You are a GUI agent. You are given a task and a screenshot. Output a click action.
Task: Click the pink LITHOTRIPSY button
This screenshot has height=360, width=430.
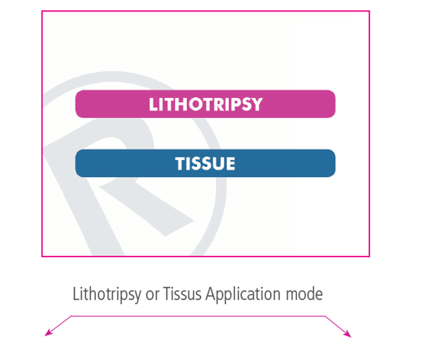coord(205,104)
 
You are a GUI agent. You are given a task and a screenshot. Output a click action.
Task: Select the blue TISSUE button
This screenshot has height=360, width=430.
coord(205,163)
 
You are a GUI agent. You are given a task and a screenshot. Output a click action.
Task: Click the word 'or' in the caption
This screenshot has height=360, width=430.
coord(153,295)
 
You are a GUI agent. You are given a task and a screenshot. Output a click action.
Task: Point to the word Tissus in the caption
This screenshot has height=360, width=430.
coord(182,294)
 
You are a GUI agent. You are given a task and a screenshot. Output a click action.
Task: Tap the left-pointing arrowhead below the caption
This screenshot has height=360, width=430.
coord(48,333)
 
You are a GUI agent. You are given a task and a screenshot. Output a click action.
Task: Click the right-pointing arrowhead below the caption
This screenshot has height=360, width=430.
coord(348,334)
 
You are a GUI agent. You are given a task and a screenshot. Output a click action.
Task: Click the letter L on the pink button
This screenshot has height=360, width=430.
coord(153,105)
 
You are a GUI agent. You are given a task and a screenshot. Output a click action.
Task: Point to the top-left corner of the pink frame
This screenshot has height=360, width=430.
coord(42,11)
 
